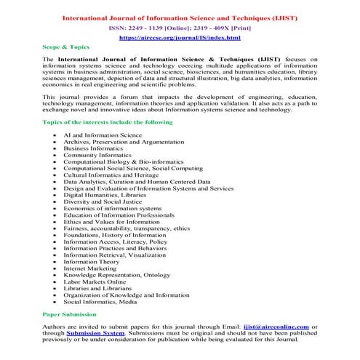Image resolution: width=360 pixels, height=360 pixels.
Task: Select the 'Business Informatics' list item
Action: [x=94, y=149]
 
